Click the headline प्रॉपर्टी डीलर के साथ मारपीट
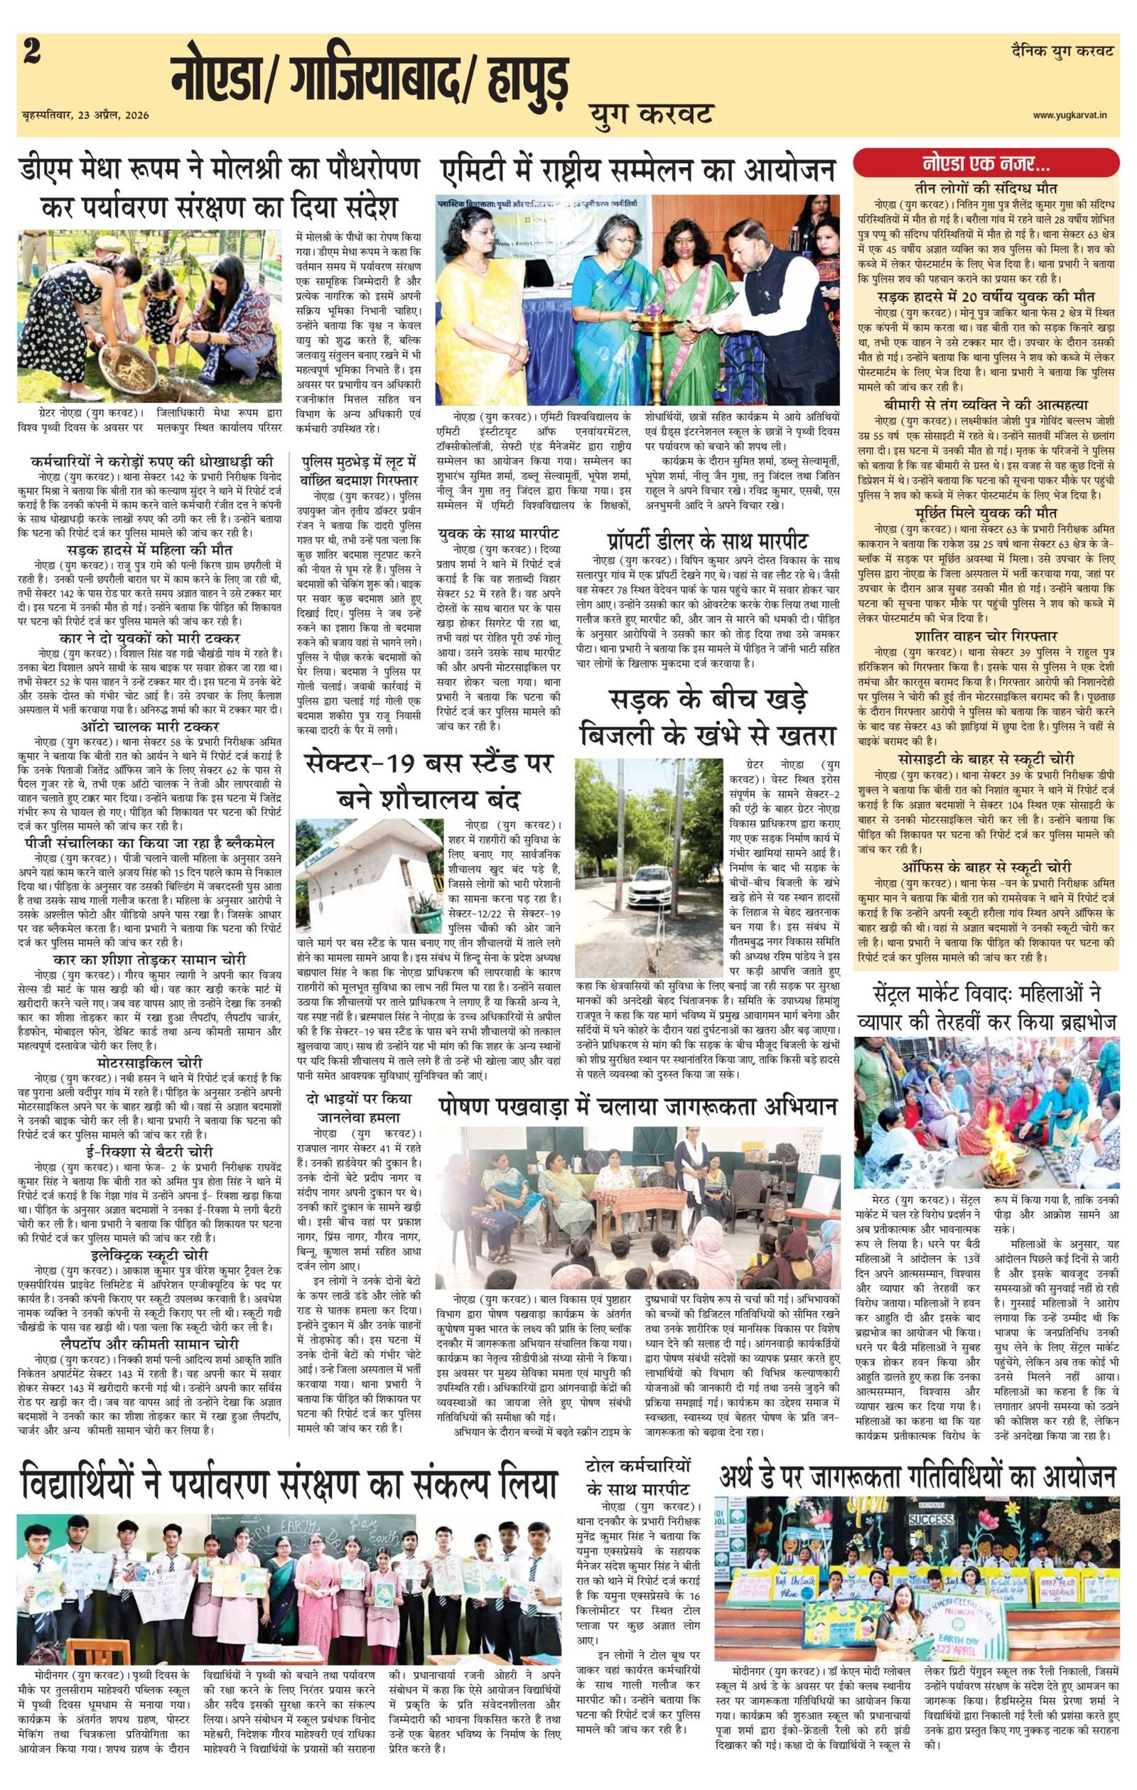click(x=708, y=541)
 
